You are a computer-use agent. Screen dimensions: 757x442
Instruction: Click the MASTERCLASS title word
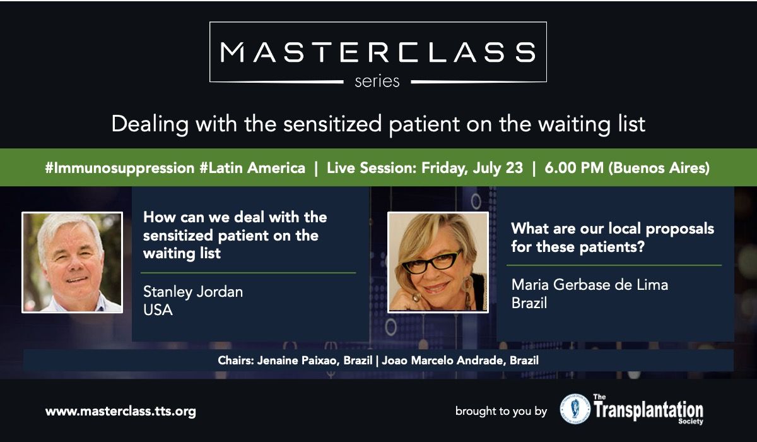point(378,52)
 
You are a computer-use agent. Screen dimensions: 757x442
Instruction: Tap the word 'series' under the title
point(377,81)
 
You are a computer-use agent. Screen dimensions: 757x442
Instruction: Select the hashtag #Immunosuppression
point(120,168)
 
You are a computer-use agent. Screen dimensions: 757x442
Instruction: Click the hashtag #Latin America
point(252,168)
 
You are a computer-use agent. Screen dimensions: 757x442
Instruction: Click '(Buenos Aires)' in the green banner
point(659,168)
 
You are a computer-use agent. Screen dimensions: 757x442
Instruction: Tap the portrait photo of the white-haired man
point(73,263)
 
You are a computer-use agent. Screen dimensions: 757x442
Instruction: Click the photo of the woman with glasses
point(438,263)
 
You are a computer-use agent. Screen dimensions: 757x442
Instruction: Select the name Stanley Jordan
point(193,292)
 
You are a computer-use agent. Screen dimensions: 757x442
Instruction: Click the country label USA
point(158,310)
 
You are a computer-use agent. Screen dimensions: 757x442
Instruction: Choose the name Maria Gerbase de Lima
point(590,285)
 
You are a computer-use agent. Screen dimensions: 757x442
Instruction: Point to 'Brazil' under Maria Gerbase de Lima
point(529,303)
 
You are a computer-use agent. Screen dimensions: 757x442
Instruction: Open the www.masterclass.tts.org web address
point(120,412)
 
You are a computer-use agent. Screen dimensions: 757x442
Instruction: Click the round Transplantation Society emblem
point(575,409)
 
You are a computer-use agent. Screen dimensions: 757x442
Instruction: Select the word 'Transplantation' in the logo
point(648,410)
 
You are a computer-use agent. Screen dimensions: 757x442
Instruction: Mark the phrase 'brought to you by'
point(501,411)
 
